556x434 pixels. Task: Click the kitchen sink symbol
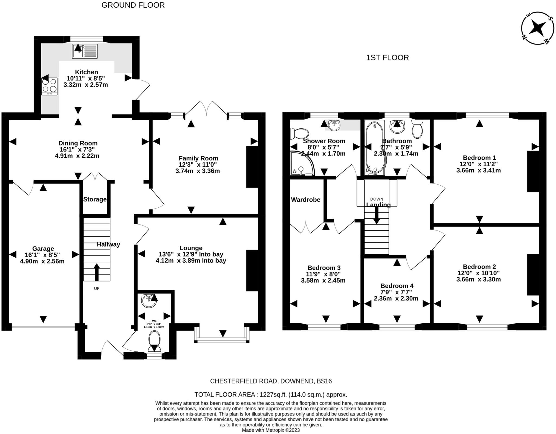click(84, 51)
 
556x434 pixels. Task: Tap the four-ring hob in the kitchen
click(49, 86)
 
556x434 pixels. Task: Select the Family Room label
click(198, 158)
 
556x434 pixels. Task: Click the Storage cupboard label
click(95, 199)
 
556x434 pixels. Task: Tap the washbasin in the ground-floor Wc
click(149, 301)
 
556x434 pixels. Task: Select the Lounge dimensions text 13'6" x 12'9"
click(191, 254)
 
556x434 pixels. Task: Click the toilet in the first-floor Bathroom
click(417, 129)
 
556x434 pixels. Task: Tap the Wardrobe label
click(305, 200)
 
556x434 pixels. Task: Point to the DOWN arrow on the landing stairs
click(376, 216)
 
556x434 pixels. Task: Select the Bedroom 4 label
click(397, 286)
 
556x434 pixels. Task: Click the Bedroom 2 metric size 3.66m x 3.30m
click(478, 279)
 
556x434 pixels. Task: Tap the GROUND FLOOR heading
click(133, 5)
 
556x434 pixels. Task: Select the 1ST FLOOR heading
click(387, 58)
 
